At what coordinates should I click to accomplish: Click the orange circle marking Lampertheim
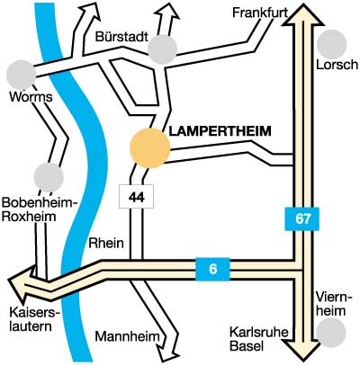coord(149,148)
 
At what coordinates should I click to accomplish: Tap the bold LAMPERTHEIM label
coord(220,131)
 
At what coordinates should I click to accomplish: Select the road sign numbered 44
coord(137,197)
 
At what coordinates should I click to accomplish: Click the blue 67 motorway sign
coord(301,218)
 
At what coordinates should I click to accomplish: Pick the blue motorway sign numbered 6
coord(212,269)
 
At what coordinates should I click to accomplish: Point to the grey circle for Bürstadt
coord(162,49)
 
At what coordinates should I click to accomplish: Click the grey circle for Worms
coord(22,75)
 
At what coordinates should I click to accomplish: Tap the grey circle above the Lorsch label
coord(331,44)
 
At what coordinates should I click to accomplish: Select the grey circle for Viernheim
coord(331,332)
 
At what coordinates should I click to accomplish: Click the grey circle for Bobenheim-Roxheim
coord(49,177)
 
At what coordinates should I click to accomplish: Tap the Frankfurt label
coord(260,13)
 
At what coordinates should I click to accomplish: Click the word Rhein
coord(106,243)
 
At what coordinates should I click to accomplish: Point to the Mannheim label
coord(127,336)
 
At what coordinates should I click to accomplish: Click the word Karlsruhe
coord(259,333)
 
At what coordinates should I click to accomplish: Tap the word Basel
coord(247,346)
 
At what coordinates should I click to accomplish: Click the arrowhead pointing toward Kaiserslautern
coord(20,284)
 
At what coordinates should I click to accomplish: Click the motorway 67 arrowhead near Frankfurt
coord(303,15)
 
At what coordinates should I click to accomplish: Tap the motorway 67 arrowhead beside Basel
coord(303,349)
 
